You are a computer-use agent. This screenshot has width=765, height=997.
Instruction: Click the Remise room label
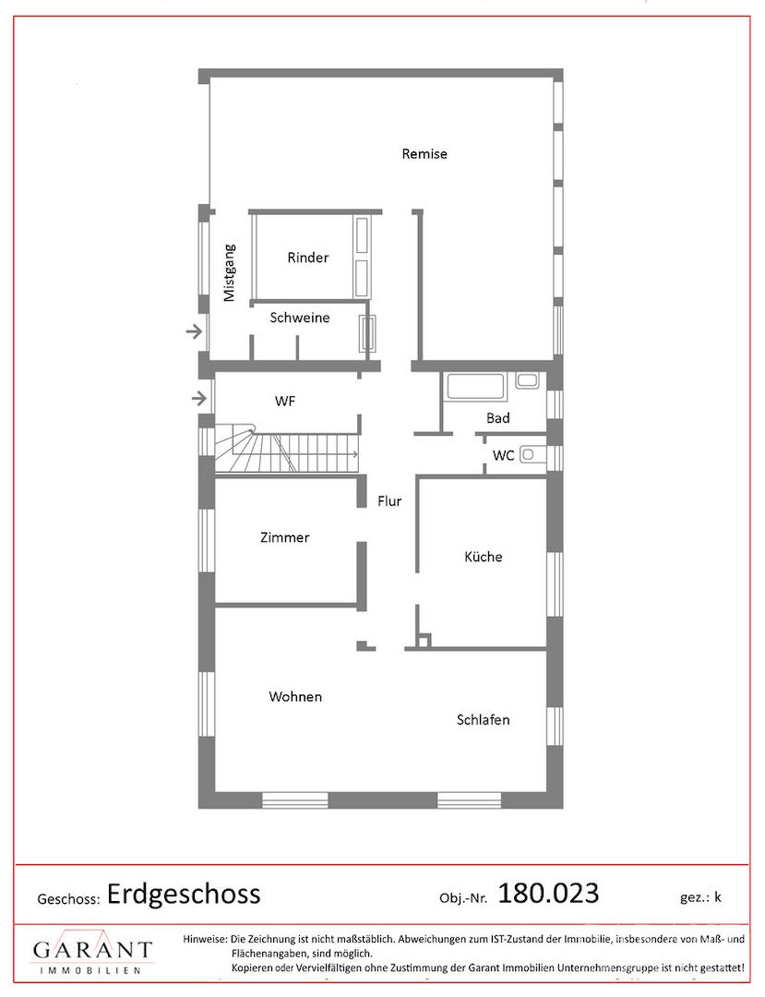coord(424,154)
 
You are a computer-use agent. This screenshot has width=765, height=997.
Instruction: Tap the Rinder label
coord(308,258)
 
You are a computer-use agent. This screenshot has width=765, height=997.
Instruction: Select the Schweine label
coord(300,318)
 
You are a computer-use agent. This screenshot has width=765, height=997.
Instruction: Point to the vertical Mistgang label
coord(230,272)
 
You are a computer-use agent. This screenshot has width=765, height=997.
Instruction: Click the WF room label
coord(284,402)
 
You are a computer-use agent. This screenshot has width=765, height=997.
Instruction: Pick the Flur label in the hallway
coord(389,501)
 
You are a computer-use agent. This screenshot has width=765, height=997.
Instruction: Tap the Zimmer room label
coord(284,537)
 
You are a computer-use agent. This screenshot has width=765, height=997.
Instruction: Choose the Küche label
coord(483,557)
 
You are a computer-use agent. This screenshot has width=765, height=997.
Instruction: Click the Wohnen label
coord(295,696)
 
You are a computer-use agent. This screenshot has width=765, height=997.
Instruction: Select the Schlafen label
coord(483,720)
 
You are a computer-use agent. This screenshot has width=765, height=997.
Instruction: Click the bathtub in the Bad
coord(476,387)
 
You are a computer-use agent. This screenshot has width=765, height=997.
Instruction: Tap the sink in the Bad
coord(527,381)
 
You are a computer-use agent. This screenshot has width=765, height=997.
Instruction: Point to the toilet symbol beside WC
coord(532,455)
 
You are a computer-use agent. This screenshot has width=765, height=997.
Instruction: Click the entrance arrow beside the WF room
coord(199,399)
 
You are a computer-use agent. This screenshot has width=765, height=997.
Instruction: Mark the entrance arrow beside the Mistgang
coord(194,331)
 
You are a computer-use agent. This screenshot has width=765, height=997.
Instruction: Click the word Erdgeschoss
coord(184,894)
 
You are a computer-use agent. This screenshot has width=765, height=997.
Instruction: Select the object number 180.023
coord(548,894)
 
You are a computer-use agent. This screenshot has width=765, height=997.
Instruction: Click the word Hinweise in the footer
coord(205,939)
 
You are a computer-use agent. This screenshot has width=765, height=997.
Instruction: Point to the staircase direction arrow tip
coord(357,454)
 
